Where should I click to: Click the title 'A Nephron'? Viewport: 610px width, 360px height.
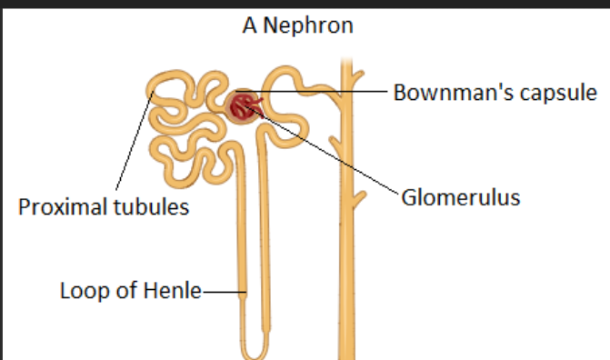coord(297,25)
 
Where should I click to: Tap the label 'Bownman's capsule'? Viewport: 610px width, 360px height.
coord(495,92)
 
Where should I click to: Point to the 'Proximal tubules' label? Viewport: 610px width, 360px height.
coord(104,207)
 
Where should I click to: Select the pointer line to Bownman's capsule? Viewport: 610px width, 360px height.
coord(327,92)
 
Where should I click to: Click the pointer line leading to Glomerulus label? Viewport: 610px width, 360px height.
coord(336,155)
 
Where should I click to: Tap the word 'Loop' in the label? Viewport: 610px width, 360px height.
coord(79,292)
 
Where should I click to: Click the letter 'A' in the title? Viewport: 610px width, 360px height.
coord(249,25)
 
